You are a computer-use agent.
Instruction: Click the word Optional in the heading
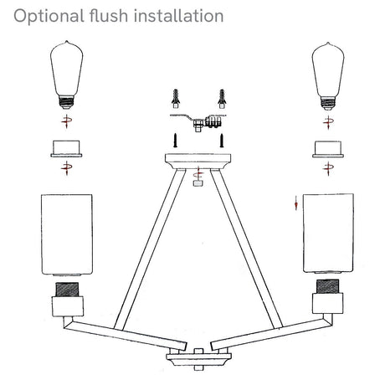click(x=49, y=17)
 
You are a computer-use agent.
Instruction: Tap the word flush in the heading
click(x=109, y=16)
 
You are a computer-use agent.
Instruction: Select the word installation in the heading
click(x=178, y=16)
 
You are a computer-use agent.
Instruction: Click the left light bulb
click(x=67, y=74)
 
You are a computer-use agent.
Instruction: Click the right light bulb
click(x=328, y=76)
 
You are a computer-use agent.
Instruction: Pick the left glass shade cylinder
click(x=67, y=235)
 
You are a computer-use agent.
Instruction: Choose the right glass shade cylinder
click(x=328, y=234)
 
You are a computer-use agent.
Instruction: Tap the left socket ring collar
click(x=66, y=149)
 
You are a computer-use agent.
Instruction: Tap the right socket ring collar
click(x=328, y=150)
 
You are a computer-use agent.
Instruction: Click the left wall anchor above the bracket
click(x=176, y=99)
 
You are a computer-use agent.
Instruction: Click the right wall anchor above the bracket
click(x=222, y=99)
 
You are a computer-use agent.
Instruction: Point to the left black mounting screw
click(x=176, y=140)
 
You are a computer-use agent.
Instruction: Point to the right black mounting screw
click(x=222, y=140)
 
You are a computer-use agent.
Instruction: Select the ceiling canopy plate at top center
click(x=198, y=161)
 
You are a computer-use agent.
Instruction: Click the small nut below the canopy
click(x=198, y=183)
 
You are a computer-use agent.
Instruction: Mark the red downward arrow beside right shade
click(x=296, y=203)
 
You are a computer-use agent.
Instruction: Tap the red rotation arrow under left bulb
click(x=67, y=121)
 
